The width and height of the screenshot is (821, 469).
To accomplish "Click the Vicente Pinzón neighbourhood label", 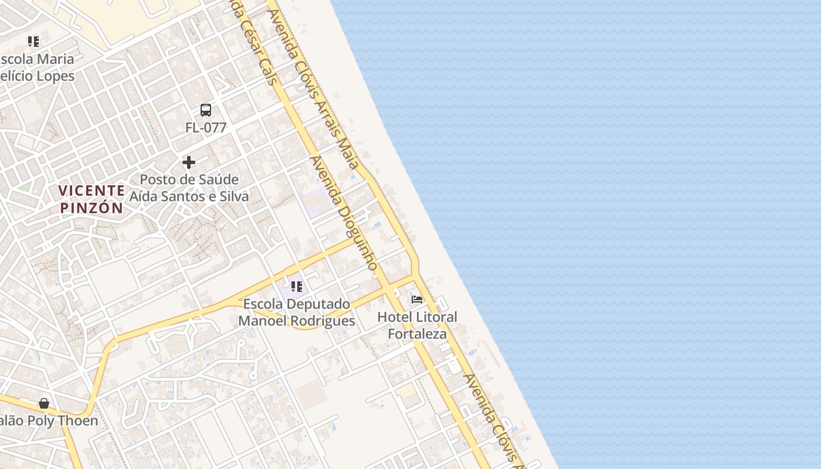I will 91,199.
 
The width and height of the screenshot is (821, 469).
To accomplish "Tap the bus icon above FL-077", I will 206,110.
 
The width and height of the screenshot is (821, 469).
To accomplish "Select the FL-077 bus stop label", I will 206,127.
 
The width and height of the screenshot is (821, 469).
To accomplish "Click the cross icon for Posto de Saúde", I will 189,162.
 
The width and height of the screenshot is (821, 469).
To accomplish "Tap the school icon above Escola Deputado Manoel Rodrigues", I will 297,287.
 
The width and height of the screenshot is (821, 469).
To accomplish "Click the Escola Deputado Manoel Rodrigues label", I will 297,312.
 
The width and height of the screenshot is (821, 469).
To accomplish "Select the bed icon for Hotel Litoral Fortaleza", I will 417,300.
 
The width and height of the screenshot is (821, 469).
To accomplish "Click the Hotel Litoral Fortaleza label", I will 417,325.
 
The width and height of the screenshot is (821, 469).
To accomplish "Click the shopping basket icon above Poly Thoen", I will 44,403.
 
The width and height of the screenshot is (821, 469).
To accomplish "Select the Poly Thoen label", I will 49,421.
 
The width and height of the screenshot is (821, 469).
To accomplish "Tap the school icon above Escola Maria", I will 33,42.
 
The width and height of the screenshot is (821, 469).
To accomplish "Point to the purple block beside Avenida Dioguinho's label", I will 317,202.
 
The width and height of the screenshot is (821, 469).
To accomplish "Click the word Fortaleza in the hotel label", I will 417,334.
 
